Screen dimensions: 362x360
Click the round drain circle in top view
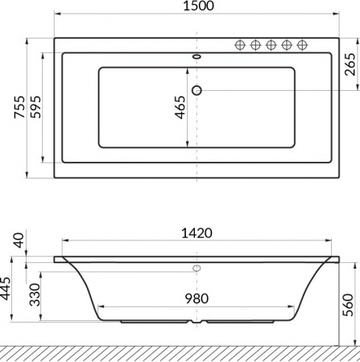[197, 89]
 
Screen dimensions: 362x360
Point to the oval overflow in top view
[197, 57]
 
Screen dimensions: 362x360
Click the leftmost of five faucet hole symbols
[240, 44]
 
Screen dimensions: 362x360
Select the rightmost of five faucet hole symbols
[303, 44]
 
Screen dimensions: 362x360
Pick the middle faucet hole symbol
[271, 44]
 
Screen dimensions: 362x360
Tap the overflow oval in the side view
[197, 267]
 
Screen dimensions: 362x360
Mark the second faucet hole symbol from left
[255, 44]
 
